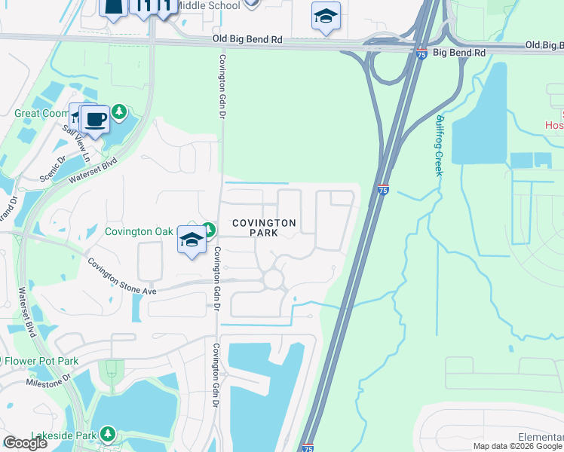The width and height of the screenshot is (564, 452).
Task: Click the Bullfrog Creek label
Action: click(438, 145)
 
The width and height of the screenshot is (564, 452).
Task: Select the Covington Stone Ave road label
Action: click(121, 276)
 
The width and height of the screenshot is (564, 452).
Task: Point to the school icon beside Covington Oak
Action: click(192, 240)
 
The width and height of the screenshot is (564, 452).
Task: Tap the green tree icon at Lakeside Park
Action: click(108, 434)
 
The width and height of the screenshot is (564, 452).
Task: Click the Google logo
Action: click(25, 443)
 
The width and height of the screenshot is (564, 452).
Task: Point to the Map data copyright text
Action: click(518, 446)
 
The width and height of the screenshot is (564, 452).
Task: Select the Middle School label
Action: click(211, 6)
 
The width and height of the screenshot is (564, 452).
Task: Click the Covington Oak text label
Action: click(139, 231)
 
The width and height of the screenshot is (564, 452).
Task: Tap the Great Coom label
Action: click(41, 113)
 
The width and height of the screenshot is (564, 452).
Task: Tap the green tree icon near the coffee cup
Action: click(119, 113)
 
